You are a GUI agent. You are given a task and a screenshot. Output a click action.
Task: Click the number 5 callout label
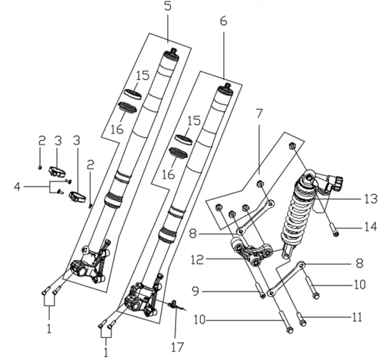tap(168, 7)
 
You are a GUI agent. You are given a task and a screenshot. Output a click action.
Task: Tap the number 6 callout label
tap(223, 22)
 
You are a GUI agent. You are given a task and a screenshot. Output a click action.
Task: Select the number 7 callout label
tap(259, 114)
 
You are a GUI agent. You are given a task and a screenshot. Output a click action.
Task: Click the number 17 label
tap(177, 347)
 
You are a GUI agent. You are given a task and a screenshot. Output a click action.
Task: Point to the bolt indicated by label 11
tap(301, 318)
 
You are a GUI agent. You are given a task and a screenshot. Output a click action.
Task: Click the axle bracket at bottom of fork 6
tap(141, 301)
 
